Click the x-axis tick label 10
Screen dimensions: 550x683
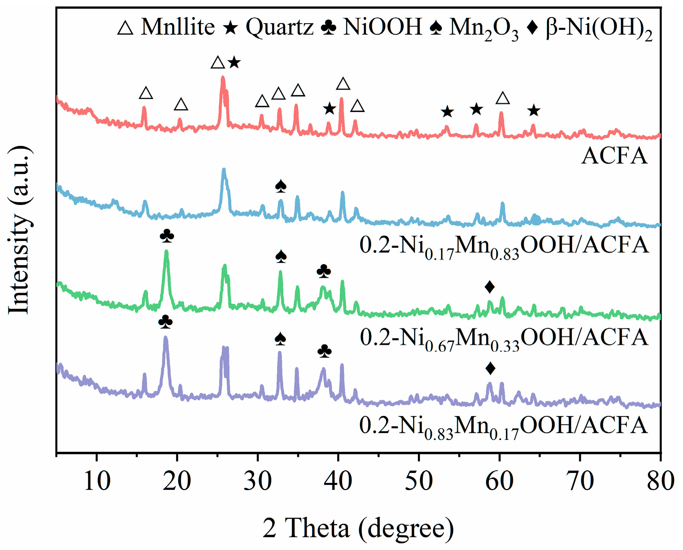(x=97, y=481)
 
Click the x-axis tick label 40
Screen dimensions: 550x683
(x=339, y=481)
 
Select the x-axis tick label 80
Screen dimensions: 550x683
(x=660, y=481)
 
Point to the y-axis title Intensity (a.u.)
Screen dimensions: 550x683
(x=19, y=231)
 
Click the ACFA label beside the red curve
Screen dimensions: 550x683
(x=614, y=156)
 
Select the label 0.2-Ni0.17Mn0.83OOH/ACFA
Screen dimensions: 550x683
(x=504, y=245)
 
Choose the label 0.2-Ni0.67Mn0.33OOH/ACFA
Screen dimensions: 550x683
(x=504, y=338)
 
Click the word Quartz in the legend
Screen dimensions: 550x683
(x=279, y=27)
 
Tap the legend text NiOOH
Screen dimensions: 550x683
(x=382, y=27)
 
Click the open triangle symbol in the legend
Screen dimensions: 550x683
(x=125, y=28)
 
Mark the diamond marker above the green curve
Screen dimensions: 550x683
(x=490, y=286)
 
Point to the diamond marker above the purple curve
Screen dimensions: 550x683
(x=491, y=368)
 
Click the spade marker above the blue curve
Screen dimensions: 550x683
(x=281, y=186)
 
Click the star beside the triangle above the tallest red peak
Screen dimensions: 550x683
(x=234, y=63)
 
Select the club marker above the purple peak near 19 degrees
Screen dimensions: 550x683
(x=166, y=321)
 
